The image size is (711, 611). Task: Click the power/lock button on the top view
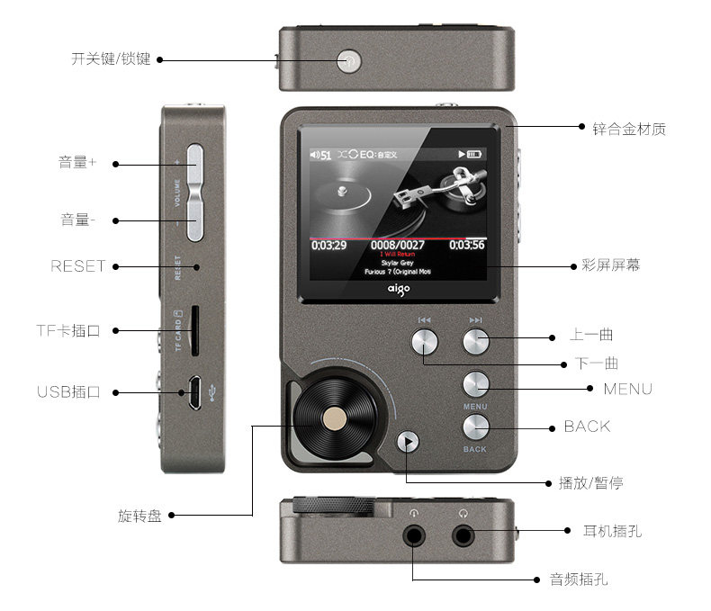click(349, 61)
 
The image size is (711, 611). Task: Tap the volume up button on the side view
click(195, 165)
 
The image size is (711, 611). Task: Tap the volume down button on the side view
click(195, 220)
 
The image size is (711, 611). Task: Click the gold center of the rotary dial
click(335, 417)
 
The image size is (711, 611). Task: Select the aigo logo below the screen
click(398, 291)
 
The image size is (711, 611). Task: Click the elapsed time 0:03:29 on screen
click(329, 245)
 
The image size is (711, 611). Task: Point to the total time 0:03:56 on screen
click(466, 245)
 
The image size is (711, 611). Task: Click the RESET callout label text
click(78, 266)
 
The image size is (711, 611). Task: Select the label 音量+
click(77, 163)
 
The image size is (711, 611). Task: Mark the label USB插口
click(68, 392)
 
